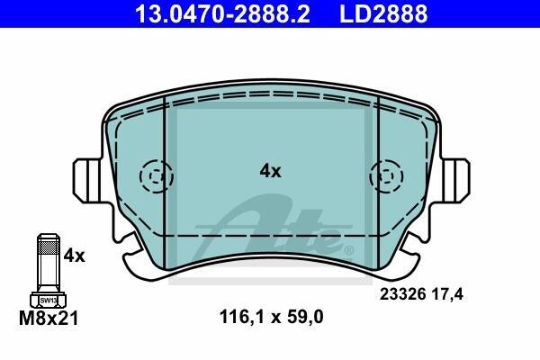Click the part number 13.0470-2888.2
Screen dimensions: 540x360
pos(222,13)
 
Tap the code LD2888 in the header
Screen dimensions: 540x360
pos(383,13)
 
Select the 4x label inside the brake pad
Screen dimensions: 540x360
pos(270,171)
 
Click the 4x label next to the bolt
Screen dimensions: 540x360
pos(74,256)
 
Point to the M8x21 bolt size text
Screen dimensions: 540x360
pos(49,318)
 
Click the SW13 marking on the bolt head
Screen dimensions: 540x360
pos(48,301)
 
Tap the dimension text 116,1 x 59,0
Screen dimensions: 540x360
pos(272,317)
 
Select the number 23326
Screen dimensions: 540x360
pos(403,294)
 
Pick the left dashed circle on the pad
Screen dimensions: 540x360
pos(156,176)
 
